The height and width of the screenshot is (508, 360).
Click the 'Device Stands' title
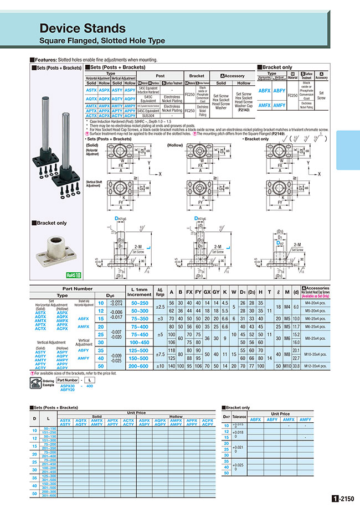(x=83, y=28)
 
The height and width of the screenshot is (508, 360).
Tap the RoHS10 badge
(x=74, y=274)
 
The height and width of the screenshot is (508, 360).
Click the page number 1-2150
(x=343, y=499)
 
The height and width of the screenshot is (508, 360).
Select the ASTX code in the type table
(x=91, y=90)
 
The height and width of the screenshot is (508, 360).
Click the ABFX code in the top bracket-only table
(x=265, y=90)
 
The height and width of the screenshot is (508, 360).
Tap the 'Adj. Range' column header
(x=161, y=291)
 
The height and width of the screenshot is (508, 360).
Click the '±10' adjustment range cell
(x=161, y=366)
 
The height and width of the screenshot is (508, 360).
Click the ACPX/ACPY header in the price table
(x=208, y=422)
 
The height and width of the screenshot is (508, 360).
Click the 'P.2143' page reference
(x=244, y=110)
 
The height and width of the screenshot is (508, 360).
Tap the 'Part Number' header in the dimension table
(x=78, y=288)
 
